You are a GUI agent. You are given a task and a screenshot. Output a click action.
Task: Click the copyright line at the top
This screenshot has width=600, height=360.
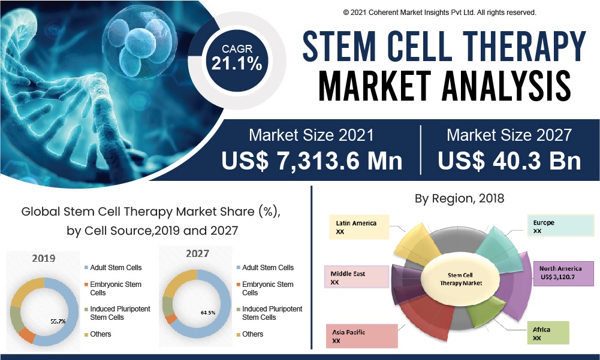[x=439, y=12]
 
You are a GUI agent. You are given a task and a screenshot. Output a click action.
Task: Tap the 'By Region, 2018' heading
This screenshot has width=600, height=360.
[x=459, y=198]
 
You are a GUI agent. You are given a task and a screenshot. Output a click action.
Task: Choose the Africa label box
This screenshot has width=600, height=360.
[x=547, y=334]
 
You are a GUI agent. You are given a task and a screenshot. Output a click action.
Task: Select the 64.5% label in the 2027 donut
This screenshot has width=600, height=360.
[x=209, y=313]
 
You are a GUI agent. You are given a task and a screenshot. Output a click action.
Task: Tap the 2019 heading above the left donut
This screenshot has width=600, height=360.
[x=44, y=259]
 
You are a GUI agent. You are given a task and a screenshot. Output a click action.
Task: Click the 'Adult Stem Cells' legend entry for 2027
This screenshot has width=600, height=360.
[x=267, y=268]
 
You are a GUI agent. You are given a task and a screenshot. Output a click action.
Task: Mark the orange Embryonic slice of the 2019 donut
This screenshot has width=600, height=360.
[x=28, y=334]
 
